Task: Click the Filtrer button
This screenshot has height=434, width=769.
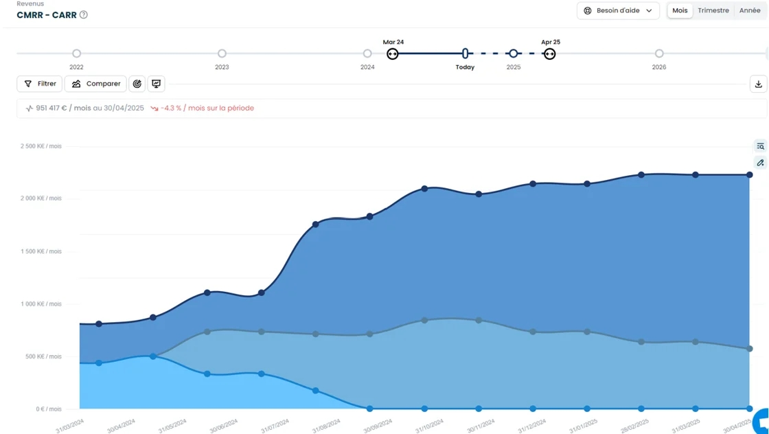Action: tap(40, 84)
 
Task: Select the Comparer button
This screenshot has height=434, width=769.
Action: tap(95, 84)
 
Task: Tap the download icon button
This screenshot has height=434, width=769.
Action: tap(758, 84)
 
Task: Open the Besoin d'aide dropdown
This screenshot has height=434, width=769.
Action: tap(618, 11)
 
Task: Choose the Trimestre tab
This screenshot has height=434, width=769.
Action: tap(713, 11)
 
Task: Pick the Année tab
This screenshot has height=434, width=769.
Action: tap(750, 11)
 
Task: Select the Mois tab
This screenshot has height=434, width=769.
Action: tap(680, 11)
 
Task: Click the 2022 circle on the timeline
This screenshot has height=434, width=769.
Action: tap(76, 54)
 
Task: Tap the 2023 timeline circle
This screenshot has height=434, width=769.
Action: tap(222, 54)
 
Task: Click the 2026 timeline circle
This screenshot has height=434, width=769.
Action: tap(659, 54)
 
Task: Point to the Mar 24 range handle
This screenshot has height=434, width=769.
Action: tap(392, 54)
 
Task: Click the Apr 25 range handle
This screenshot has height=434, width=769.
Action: tap(549, 54)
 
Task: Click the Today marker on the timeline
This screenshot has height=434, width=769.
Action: tap(466, 54)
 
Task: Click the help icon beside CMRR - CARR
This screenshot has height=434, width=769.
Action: tap(84, 15)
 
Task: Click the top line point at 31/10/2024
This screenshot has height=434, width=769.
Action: tap(424, 189)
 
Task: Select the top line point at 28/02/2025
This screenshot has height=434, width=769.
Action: tap(641, 175)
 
